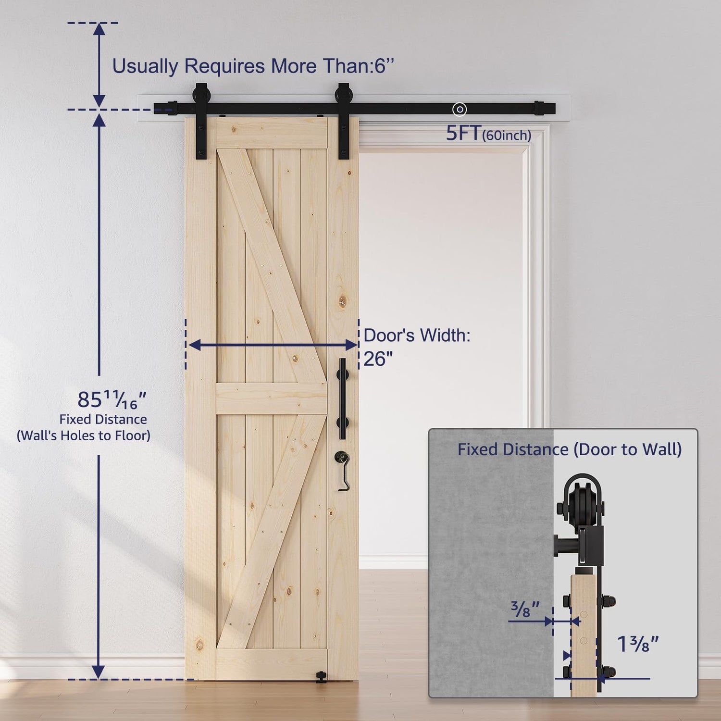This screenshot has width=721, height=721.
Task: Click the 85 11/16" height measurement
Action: [112, 399]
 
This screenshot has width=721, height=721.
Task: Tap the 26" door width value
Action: [378, 359]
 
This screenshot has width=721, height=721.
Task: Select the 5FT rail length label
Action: [463, 134]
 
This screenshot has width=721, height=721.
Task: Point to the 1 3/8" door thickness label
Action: [637, 644]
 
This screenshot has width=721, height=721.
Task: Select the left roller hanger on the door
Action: [201, 122]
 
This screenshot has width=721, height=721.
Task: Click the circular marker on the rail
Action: [460, 110]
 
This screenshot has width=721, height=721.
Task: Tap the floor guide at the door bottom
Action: [321, 678]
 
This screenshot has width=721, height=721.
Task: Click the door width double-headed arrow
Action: [273, 345]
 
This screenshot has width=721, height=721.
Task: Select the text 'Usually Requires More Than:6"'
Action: [253, 66]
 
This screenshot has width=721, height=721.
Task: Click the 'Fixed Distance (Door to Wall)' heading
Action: [569, 449]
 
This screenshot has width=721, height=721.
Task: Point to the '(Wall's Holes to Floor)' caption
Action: [84, 435]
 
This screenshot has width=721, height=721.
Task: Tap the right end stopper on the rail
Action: [539, 108]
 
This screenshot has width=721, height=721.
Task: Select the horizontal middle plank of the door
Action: [272, 398]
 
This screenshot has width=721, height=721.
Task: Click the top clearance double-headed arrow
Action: [99, 65]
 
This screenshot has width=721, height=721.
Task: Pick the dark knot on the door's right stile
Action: [342, 301]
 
